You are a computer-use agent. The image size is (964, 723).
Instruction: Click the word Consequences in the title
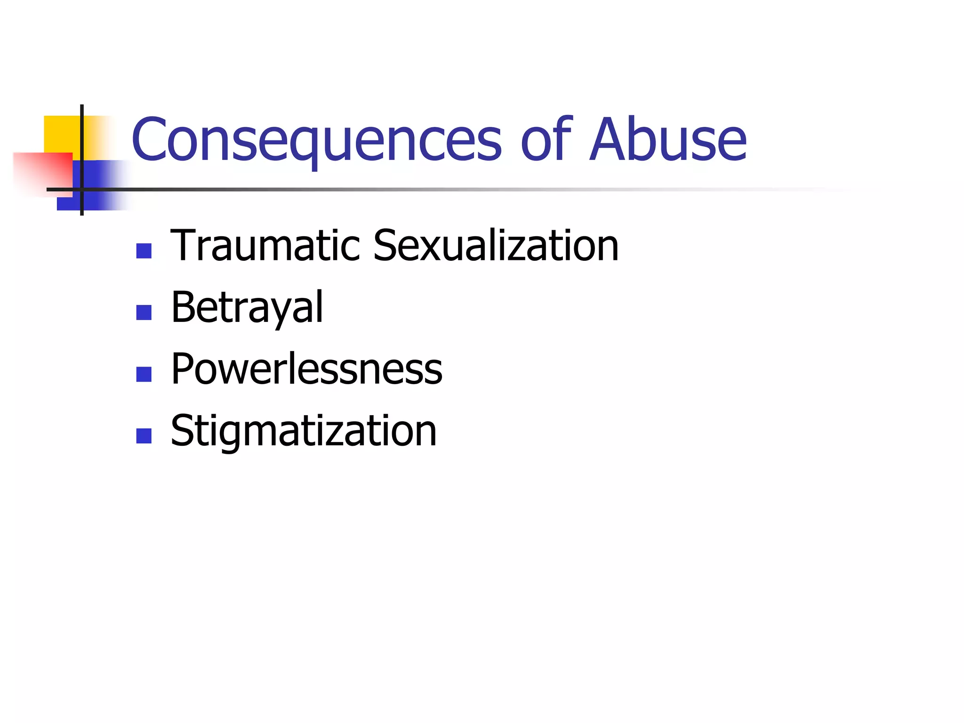[316, 140]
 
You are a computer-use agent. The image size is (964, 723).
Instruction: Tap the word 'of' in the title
[546, 140]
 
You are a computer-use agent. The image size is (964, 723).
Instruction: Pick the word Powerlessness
[306, 369]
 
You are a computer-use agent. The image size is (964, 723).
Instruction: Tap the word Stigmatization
[304, 431]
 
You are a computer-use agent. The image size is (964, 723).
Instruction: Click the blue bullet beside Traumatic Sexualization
[144, 251]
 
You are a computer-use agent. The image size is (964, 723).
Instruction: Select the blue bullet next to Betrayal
[144, 313]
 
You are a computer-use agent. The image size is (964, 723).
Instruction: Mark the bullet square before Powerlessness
[144, 374]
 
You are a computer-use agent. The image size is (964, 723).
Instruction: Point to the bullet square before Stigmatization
[144, 436]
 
